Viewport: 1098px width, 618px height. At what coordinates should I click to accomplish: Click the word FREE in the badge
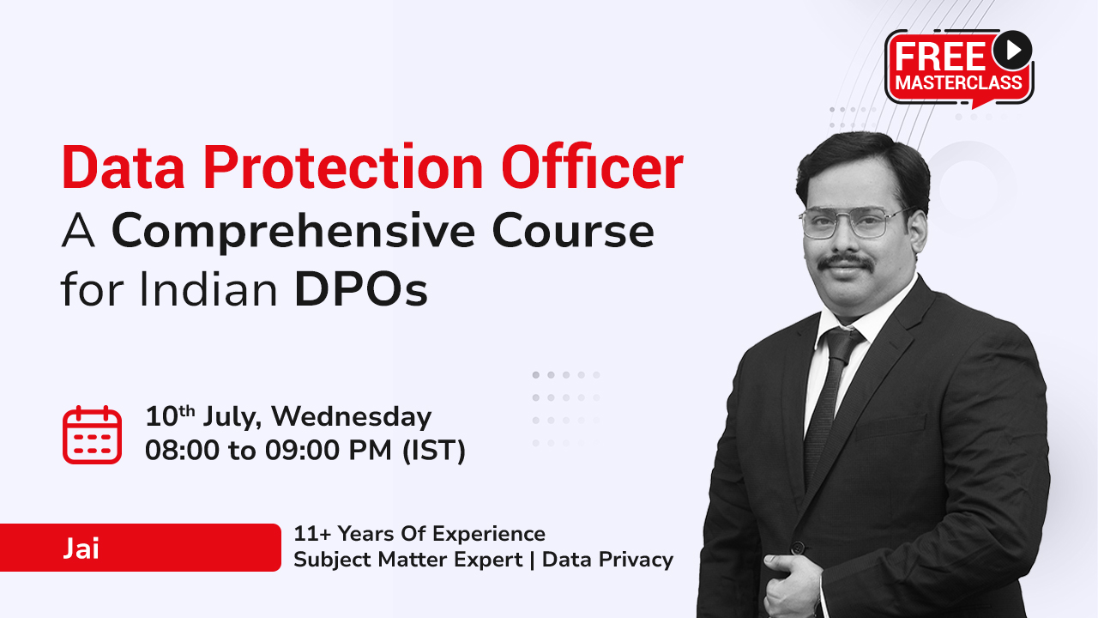[x=940, y=57]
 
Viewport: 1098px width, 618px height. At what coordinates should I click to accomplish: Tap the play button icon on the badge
[x=1013, y=50]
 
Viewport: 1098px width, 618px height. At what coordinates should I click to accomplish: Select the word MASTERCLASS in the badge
[x=959, y=82]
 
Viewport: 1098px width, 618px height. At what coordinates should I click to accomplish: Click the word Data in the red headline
[x=123, y=167]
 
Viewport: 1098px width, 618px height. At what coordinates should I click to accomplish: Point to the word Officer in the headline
[x=592, y=167]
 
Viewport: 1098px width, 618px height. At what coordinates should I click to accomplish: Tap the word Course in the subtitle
[x=573, y=231]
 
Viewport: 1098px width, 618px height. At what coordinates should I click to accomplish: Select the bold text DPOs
[x=361, y=289]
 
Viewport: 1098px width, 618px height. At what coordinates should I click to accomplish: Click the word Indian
[x=208, y=288]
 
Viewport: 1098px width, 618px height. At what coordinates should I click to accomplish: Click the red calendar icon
[x=92, y=435]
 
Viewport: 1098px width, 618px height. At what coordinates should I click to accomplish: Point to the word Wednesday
[x=352, y=417]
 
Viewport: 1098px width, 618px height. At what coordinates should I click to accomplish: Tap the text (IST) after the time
[x=434, y=451]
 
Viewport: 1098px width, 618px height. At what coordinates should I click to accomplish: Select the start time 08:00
[x=182, y=451]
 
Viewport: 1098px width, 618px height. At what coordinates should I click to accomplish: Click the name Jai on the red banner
[x=81, y=548]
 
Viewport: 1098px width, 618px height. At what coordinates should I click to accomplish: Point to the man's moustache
[x=846, y=263]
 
